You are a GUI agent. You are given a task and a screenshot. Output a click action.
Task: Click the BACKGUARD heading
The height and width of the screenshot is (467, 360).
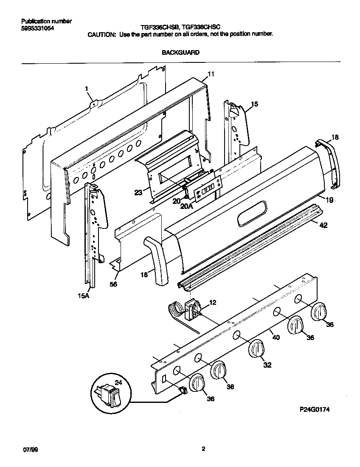180,53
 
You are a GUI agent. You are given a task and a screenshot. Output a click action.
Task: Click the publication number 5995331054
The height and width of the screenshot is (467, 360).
37,28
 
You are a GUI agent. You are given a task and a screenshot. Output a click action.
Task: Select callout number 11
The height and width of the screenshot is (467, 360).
211,74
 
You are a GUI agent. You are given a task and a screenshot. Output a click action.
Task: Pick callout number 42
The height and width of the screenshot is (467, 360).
323,226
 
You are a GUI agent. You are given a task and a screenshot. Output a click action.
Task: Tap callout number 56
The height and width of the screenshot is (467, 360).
113,284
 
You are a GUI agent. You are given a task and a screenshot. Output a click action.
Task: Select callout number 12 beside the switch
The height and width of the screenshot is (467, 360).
213,303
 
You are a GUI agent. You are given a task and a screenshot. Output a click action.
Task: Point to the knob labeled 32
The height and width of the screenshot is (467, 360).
256,349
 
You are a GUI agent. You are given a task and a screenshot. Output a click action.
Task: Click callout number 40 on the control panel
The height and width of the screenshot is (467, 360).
276,338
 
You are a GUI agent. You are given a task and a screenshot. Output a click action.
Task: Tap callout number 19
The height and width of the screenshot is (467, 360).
330,200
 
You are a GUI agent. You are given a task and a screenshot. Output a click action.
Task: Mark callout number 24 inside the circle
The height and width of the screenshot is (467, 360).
118,383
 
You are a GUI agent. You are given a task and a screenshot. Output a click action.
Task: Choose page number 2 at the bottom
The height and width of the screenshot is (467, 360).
203,449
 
